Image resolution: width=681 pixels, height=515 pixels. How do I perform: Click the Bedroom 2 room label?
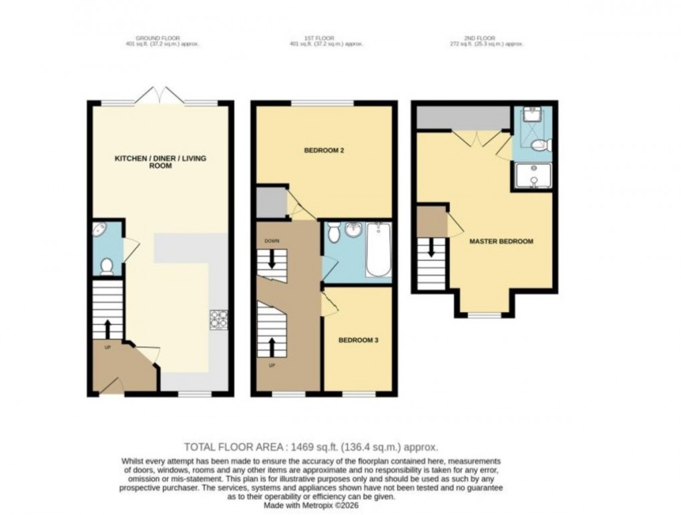point(324,150)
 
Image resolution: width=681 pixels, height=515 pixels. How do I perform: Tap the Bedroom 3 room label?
point(358,340)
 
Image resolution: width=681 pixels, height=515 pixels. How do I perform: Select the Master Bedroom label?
point(501,241)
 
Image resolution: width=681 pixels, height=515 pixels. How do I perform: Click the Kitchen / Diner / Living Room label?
point(161,161)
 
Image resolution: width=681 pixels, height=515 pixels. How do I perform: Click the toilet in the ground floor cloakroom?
point(105,268)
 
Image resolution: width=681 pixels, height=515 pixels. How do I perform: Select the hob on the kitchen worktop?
point(218,320)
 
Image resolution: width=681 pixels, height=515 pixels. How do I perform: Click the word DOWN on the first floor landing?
point(272,241)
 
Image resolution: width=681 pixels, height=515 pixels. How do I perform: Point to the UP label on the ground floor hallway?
point(107,346)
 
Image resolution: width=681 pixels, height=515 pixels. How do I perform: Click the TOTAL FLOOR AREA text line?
point(310,448)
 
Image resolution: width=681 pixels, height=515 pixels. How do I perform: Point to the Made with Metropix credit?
point(310,505)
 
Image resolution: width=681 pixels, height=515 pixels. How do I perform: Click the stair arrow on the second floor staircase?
point(431,249)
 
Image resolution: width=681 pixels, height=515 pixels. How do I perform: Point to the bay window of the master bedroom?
point(485,314)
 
